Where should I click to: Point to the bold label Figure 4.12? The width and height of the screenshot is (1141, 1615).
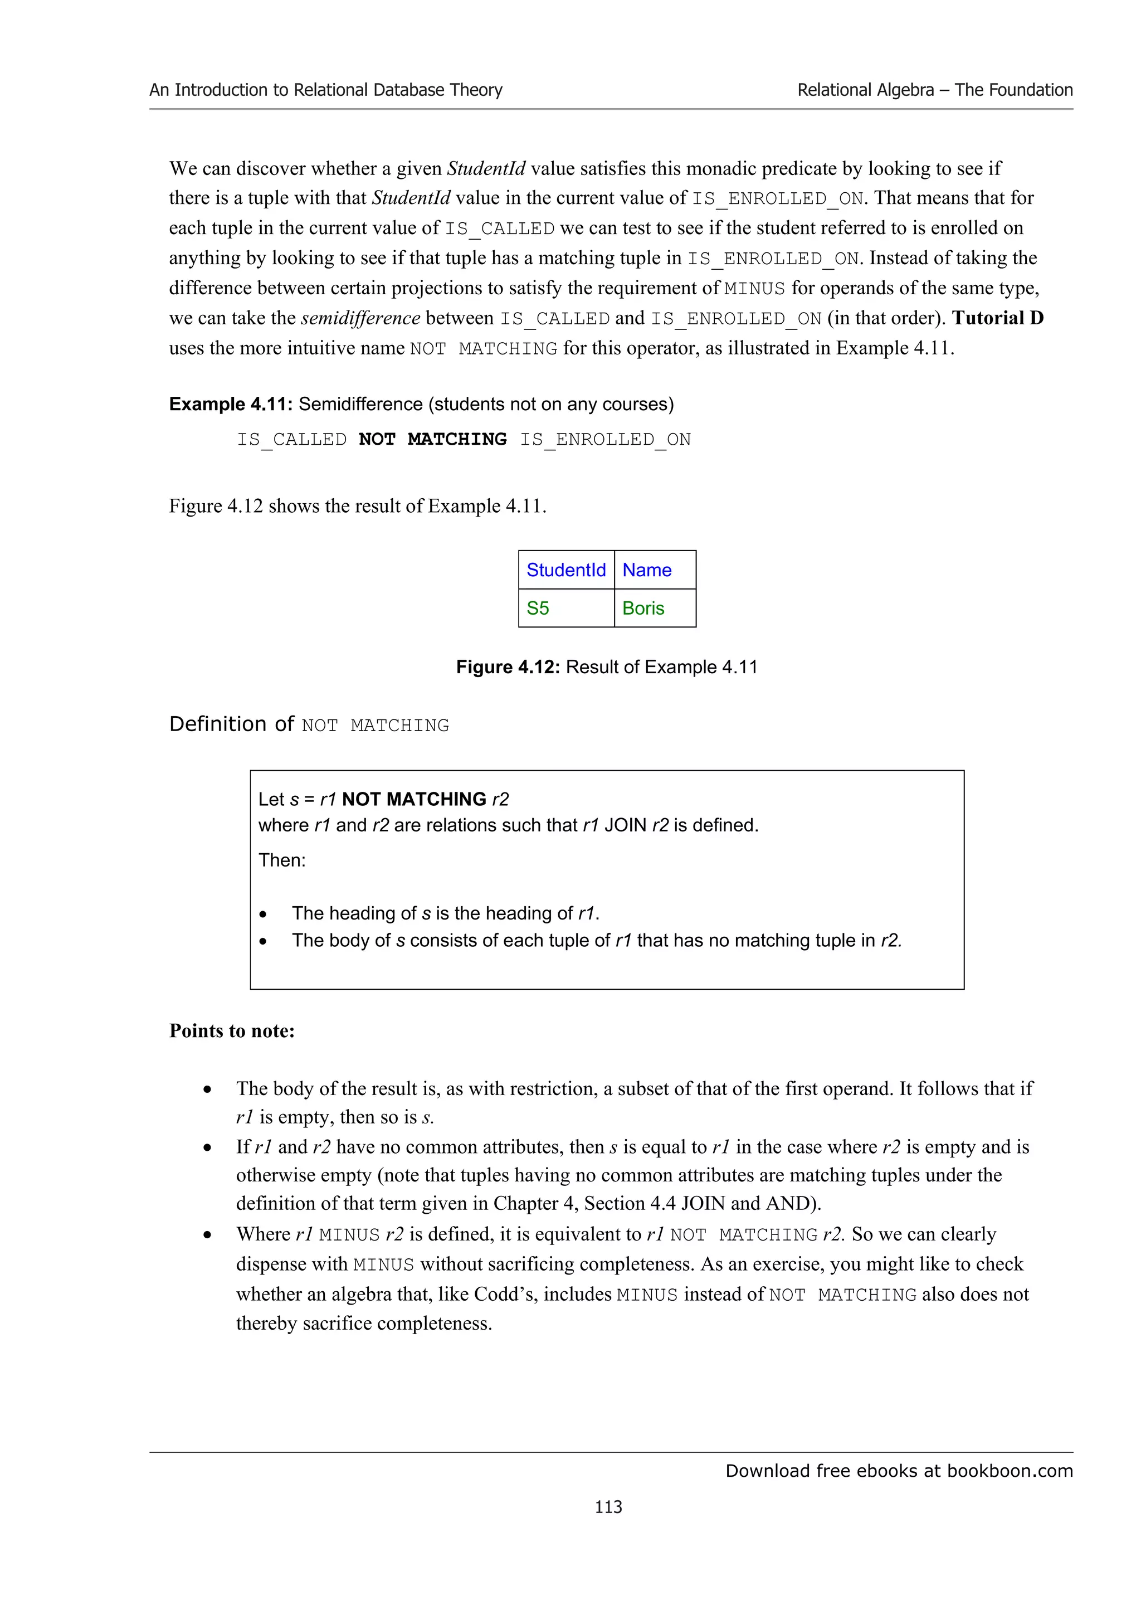[508, 667]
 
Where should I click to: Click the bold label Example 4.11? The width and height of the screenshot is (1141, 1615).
[231, 405]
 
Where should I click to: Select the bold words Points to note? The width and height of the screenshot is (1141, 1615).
[232, 1030]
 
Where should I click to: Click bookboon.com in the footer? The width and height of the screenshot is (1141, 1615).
[1010, 1471]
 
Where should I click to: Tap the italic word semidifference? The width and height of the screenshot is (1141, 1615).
[360, 319]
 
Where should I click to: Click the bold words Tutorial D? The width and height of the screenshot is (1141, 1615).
[998, 318]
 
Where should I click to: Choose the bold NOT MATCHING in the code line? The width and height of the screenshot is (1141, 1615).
[432, 440]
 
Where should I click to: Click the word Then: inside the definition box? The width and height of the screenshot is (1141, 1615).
[282, 860]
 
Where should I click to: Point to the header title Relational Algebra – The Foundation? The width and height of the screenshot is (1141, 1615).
[934, 90]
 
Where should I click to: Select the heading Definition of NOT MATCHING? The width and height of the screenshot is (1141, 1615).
[309, 724]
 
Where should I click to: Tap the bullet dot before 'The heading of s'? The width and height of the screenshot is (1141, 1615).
[263, 914]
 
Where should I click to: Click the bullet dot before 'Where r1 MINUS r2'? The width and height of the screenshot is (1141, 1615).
[207, 1235]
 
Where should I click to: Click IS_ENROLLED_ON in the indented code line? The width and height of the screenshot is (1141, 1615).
[605, 440]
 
